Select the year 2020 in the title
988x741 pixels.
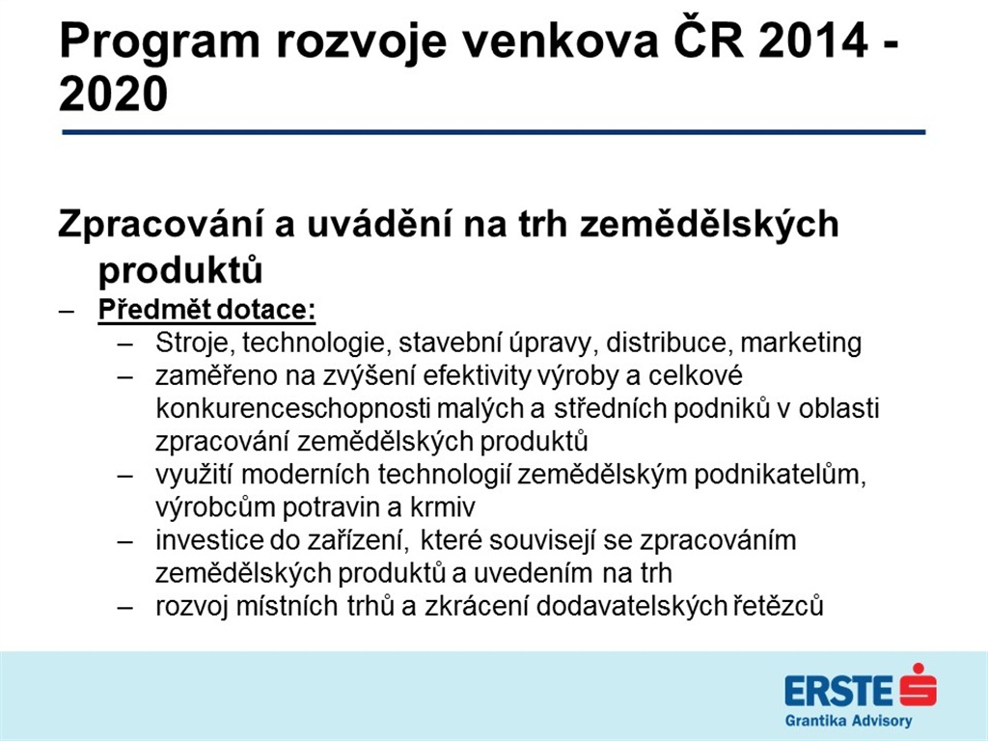(114, 95)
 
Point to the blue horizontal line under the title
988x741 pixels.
(493, 132)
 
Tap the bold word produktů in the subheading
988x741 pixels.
(180, 270)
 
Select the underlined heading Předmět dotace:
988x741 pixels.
(206, 310)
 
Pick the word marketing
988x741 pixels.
(801, 343)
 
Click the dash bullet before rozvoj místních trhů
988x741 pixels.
(125, 607)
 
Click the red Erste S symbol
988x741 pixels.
(919, 685)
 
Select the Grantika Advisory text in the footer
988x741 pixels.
(848, 721)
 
